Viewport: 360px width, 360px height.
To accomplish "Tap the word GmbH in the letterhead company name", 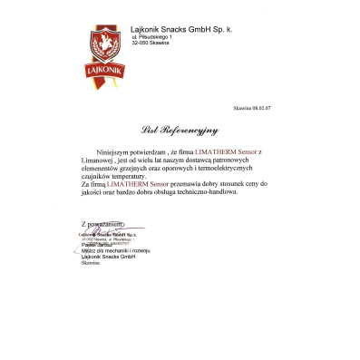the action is pos(200,30).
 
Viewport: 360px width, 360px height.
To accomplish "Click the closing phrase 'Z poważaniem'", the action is pos(100,223).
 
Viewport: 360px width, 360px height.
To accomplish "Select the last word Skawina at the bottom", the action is pos(91,264).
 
